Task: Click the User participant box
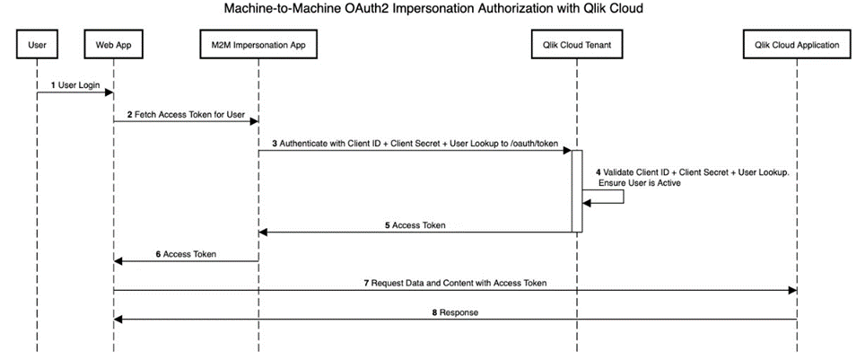[x=37, y=43]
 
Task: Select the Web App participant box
[x=113, y=43]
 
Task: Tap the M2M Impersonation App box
[x=258, y=43]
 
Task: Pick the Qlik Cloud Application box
[x=797, y=43]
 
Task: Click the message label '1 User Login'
[x=75, y=84]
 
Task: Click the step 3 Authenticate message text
[x=415, y=144]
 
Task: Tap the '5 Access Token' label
[x=415, y=225]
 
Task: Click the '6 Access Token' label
[x=186, y=254]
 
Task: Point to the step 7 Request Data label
[x=455, y=283]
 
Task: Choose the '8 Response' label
[x=455, y=312]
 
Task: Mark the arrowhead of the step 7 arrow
[x=791, y=290]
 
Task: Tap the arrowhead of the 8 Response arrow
[x=118, y=319]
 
